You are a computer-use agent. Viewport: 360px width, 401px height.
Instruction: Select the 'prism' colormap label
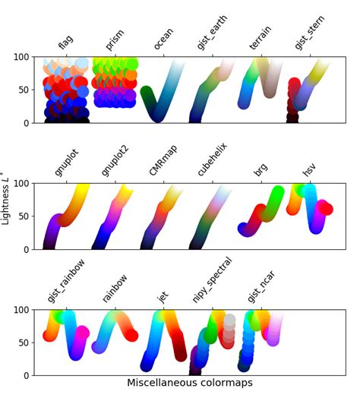[x=115, y=39]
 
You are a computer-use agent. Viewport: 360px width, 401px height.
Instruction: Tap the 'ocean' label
[x=164, y=39]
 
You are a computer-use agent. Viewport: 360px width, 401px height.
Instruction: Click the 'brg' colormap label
[x=261, y=169]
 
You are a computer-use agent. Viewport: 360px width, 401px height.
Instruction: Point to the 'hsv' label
[x=309, y=169]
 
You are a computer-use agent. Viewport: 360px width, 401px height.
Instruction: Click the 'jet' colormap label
[x=163, y=295]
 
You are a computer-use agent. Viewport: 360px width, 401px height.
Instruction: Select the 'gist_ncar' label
[x=261, y=285]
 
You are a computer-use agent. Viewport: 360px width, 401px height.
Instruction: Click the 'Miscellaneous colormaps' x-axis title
[x=190, y=384]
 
